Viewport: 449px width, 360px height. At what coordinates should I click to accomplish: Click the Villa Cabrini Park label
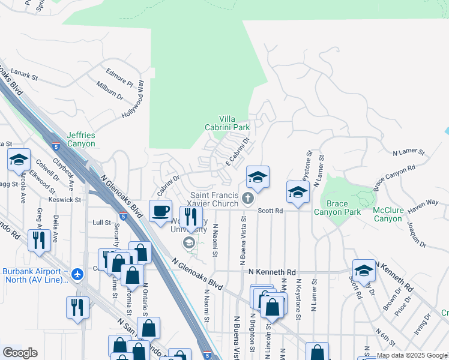point(235,123)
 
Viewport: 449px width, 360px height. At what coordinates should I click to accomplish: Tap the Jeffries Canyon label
point(81,139)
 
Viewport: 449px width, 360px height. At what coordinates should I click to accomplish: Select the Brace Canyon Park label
point(337,208)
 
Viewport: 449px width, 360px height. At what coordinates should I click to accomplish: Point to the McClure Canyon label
point(388,214)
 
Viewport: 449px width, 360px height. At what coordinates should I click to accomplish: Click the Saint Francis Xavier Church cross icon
point(247,199)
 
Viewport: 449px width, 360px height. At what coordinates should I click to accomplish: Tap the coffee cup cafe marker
point(160,211)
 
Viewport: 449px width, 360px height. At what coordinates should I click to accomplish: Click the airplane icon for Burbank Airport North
point(77,274)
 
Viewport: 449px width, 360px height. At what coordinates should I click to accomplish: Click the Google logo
point(20,353)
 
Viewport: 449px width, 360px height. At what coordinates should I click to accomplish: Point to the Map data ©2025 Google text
point(412,355)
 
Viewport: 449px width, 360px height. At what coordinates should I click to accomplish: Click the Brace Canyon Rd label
point(394,178)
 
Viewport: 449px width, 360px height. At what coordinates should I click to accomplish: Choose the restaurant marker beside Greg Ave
point(40,240)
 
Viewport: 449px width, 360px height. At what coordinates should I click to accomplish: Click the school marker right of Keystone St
point(298,192)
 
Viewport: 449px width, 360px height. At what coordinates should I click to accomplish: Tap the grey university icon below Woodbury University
point(188,242)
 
